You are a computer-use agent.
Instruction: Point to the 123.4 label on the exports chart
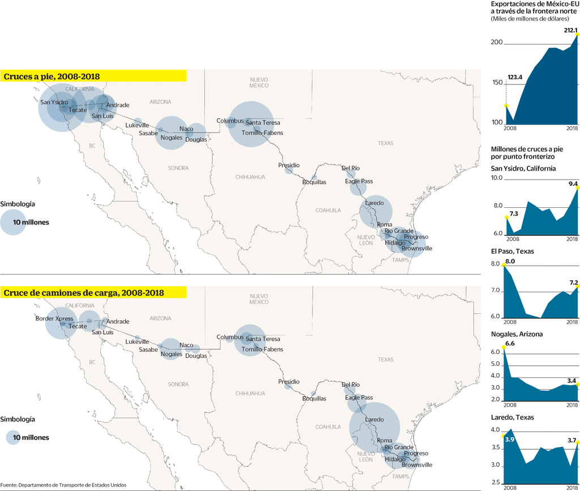pyautogui.click(x=515, y=77)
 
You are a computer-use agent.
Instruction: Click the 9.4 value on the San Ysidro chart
pyautogui.click(x=573, y=183)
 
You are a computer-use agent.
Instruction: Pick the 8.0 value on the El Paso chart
pyautogui.click(x=510, y=262)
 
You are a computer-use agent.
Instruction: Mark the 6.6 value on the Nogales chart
pyautogui.click(x=509, y=344)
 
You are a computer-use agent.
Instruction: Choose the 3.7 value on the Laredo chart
pyautogui.click(x=571, y=440)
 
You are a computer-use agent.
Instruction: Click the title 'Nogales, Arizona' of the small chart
pyautogui.click(x=517, y=334)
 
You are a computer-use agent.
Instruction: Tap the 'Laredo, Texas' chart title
pyautogui.click(x=512, y=417)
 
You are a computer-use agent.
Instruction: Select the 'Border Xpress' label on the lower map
pyautogui.click(x=54, y=319)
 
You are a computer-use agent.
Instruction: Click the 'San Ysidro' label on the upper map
pyautogui.click(x=54, y=103)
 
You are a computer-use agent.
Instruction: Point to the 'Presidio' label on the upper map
pyautogui.click(x=288, y=165)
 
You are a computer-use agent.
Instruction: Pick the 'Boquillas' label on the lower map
pyautogui.click(x=314, y=399)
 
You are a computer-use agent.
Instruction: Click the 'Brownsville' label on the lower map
pyautogui.click(x=417, y=465)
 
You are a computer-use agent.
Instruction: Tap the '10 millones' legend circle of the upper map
pyautogui.click(x=14, y=222)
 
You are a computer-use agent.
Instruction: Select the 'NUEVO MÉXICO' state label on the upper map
pyautogui.click(x=259, y=82)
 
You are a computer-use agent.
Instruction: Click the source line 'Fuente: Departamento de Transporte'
pyautogui.click(x=63, y=485)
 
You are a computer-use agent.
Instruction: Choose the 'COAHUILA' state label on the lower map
pyautogui.click(x=329, y=427)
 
